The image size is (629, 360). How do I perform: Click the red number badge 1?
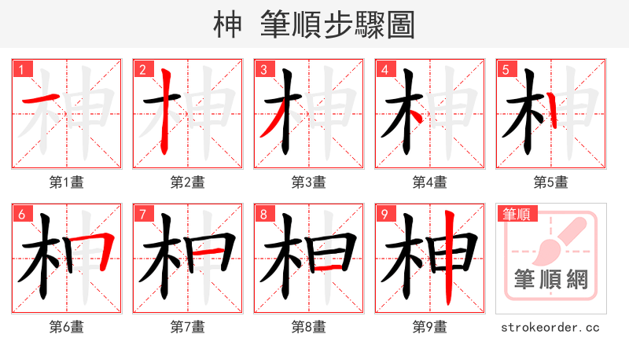click(21, 69)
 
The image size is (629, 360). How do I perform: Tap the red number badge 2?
click(142, 69)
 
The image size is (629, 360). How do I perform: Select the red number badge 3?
click(263, 69)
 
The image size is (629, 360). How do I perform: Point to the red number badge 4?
click(384, 69)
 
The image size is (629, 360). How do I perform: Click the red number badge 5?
click(506, 69)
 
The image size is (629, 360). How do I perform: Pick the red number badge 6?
click(21, 214)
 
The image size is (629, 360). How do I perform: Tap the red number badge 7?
click(142, 214)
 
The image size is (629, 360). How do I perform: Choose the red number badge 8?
click(263, 214)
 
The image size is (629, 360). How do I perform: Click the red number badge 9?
click(384, 214)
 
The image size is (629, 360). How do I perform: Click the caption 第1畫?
click(67, 182)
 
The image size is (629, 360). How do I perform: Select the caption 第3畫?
click(309, 182)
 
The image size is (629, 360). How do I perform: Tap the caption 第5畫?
click(551, 182)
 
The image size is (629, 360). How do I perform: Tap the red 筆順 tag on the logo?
click(515, 214)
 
